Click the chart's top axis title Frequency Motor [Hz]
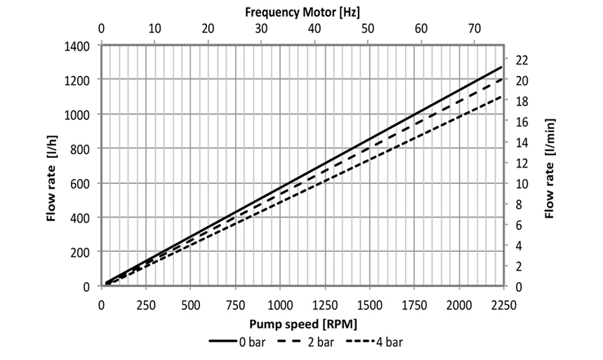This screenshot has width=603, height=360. (303, 12)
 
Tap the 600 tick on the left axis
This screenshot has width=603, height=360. (81, 183)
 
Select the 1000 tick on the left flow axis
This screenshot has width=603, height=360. (78, 114)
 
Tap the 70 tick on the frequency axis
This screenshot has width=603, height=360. (475, 29)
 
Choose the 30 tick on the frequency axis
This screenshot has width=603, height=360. (261, 29)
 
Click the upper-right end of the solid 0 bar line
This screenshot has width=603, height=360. (502, 67)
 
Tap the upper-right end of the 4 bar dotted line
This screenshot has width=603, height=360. (502, 96)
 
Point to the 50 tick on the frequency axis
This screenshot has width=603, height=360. (368, 29)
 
